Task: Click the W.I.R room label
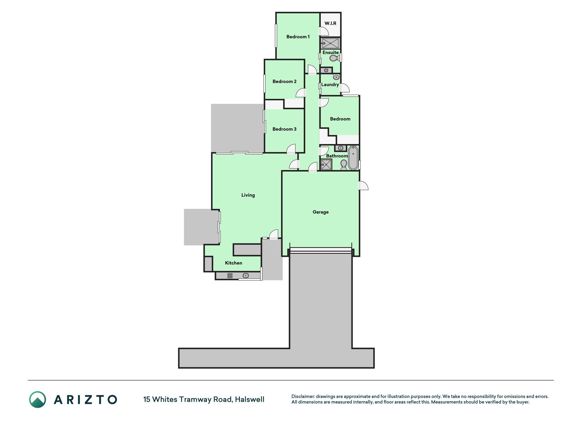click(330, 23)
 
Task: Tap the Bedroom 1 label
click(298, 37)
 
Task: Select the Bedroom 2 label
click(284, 82)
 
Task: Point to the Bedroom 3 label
click(284, 129)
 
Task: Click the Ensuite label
click(331, 53)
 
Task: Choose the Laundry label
click(330, 85)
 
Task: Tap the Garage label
click(321, 212)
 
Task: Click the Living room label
click(248, 195)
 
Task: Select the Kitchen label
click(234, 263)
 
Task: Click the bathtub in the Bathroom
click(353, 158)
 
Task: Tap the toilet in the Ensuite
click(333, 58)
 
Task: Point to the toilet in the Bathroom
click(344, 165)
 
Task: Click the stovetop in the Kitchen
click(230, 276)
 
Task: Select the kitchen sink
click(246, 276)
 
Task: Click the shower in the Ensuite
click(330, 43)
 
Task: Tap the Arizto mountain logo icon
click(38, 399)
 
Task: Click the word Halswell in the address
click(250, 399)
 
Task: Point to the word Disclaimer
click(303, 397)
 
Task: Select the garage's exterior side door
click(363, 185)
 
